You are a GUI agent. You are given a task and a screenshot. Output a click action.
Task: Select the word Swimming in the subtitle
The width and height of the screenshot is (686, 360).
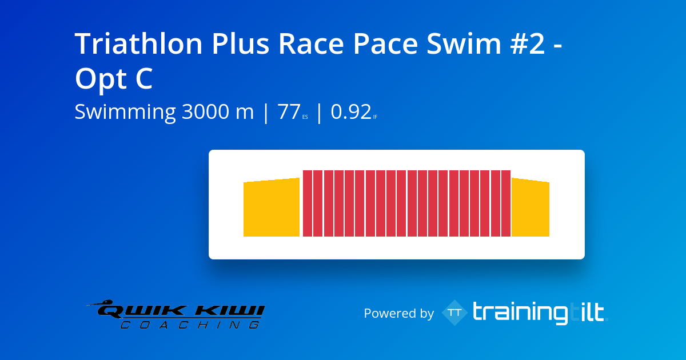(x=125, y=113)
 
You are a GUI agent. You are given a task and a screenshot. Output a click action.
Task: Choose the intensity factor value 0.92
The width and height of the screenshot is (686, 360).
(x=351, y=112)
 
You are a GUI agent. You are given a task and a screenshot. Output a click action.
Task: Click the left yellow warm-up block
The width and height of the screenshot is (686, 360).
(x=272, y=209)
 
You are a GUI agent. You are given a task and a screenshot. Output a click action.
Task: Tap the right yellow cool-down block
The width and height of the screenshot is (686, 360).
(x=530, y=209)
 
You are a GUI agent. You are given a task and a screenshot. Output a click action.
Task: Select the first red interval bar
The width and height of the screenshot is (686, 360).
(x=308, y=203)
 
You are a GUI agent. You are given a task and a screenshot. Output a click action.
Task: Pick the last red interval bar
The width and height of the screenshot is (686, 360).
(x=505, y=203)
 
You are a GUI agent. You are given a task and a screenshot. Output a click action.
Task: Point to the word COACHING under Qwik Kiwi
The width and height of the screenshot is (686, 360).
(x=189, y=325)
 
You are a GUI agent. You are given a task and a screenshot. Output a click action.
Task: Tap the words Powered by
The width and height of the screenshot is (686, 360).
(x=398, y=313)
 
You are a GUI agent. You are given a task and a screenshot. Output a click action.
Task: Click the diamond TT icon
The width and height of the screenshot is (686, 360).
(x=455, y=313)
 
